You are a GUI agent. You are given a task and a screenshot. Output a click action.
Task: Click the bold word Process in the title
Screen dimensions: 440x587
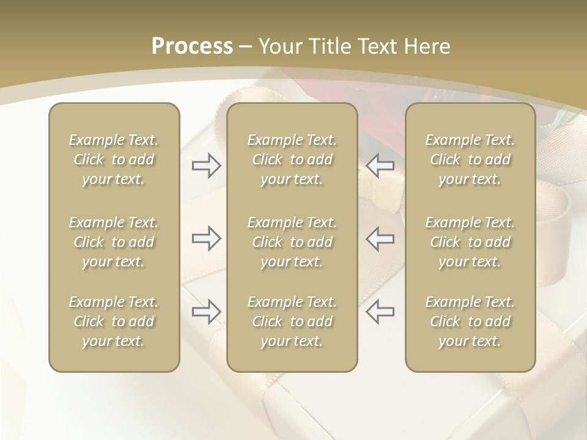click(192, 46)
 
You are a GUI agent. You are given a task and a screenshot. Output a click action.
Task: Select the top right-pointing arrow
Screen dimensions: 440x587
click(206, 166)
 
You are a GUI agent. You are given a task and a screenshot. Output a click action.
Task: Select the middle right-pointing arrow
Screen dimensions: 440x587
click(206, 239)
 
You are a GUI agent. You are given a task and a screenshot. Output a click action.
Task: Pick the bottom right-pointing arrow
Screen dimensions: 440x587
click(206, 311)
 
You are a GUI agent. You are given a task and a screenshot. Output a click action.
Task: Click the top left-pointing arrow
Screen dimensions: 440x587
click(380, 166)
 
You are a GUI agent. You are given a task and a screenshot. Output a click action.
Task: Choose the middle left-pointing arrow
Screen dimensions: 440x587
click(380, 239)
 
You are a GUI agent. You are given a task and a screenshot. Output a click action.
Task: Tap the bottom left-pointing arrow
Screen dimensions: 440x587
click(380, 311)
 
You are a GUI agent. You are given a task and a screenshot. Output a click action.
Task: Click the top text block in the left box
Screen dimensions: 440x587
click(114, 159)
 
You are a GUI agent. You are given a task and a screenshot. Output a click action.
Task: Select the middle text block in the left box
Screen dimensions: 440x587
click(114, 242)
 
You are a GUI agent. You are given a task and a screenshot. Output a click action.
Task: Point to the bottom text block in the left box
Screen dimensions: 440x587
click(114, 321)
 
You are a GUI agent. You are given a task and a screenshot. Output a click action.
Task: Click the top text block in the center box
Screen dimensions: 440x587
click(292, 159)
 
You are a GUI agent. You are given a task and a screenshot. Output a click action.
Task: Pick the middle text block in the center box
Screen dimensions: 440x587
click(292, 242)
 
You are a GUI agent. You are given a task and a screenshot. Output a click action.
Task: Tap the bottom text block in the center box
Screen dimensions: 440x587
click(292, 321)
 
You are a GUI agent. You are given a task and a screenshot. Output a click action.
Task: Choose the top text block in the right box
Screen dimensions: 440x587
click(470, 159)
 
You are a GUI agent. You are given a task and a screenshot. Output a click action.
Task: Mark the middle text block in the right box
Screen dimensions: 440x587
click(470, 242)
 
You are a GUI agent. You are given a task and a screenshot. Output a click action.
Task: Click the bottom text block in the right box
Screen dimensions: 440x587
click(470, 321)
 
